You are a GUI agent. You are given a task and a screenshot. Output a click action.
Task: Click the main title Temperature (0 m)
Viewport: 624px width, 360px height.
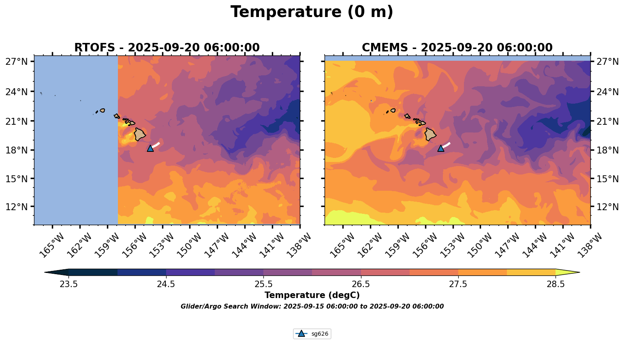[312, 12]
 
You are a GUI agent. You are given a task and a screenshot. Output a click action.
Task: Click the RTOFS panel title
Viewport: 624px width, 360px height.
[167, 48]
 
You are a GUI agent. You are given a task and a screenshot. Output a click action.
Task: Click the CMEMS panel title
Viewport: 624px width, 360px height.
[457, 48]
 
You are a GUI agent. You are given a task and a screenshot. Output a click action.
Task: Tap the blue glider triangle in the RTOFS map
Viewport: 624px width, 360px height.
[150, 148]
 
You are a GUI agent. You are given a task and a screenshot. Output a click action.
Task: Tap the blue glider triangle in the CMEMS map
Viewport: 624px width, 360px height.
[441, 148]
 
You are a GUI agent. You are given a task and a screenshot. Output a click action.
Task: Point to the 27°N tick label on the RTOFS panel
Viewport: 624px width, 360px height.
[16, 62]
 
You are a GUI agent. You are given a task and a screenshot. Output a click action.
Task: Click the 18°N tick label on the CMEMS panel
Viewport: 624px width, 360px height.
[608, 150]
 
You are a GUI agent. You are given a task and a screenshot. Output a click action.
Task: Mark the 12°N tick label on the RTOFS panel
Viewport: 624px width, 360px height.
[16, 207]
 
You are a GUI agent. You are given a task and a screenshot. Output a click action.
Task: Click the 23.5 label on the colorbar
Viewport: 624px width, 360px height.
[68, 284]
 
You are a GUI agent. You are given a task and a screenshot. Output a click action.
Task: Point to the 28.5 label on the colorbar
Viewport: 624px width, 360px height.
[556, 284]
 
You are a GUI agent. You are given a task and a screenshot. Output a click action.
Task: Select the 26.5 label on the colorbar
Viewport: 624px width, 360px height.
[361, 284]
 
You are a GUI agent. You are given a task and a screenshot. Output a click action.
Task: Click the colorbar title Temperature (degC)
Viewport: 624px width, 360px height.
[312, 295]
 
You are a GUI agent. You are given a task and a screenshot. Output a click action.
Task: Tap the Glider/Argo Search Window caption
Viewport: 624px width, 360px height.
[312, 307]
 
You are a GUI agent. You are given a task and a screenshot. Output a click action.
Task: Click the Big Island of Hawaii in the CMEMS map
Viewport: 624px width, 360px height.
[430, 134]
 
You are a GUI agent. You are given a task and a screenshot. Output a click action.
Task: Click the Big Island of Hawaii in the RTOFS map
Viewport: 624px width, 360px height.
[140, 134]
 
